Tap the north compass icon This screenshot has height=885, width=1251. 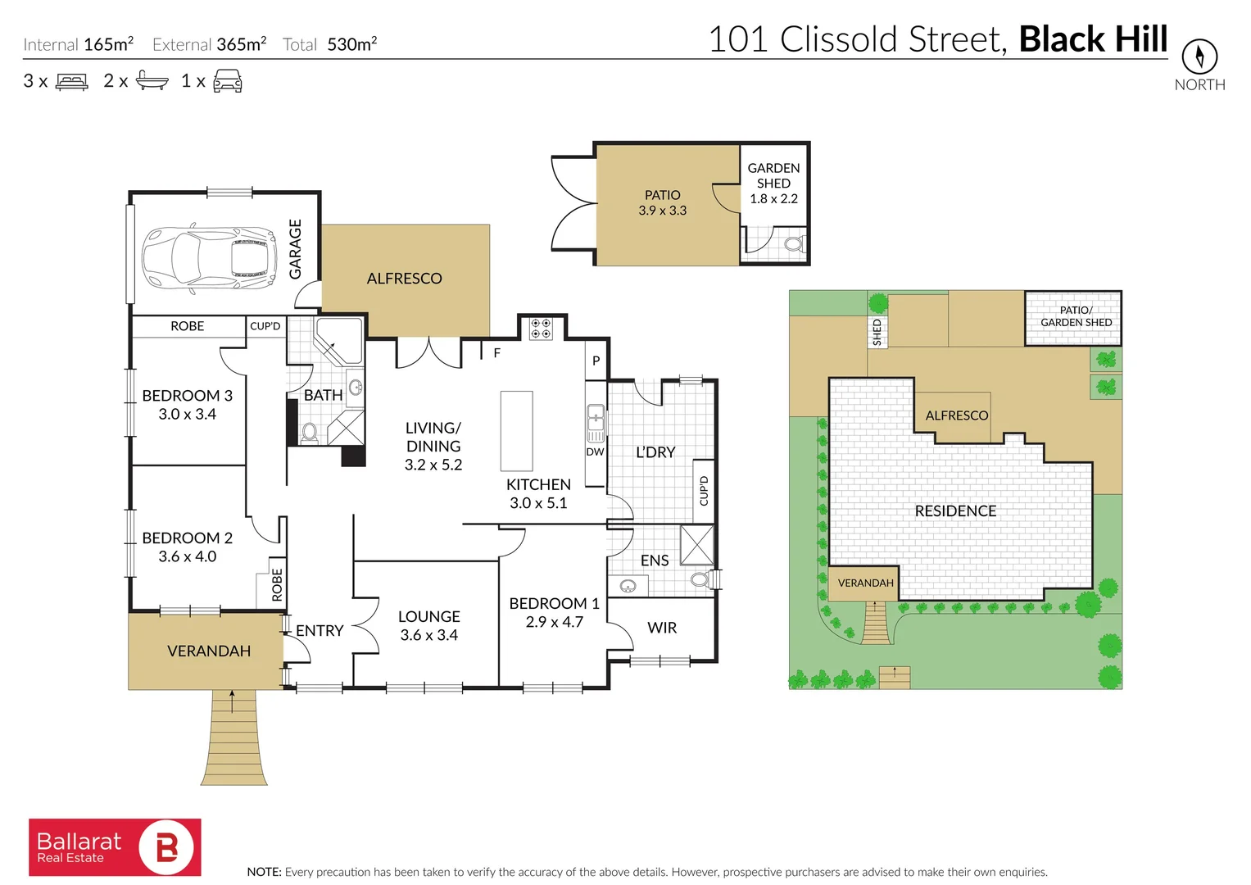(1199, 57)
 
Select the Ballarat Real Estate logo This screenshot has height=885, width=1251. (115, 847)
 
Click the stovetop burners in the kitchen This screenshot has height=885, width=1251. (541, 329)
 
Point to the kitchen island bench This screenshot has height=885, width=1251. (516, 430)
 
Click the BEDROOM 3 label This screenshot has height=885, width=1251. (187, 396)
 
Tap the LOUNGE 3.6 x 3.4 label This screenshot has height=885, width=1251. (428, 625)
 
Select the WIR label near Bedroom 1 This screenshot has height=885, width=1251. (662, 628)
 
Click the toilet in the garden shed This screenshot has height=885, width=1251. (793, 244)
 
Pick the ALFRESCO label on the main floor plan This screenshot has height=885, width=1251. (404, 279)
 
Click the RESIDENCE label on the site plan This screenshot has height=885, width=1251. (955, 511)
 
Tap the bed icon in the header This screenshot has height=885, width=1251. (71, 82)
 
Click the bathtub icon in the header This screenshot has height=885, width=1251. (152, 80)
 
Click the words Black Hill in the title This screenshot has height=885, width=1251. (1093, 39)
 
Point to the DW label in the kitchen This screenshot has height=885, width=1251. (595, 452)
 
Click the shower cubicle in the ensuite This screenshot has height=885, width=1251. (696, 545)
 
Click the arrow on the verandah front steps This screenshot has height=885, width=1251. (233, 701)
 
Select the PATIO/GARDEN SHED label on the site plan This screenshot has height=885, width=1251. (1076, 316)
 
